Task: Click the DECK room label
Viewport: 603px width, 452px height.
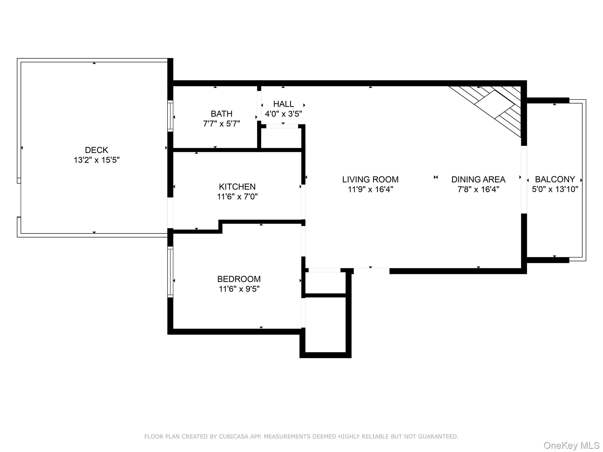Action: pos(96,150)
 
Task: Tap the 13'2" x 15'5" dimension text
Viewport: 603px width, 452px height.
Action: pos(96,160)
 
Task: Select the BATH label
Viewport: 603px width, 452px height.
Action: pos(221,114)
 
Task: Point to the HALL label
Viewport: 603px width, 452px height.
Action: pos(283,104)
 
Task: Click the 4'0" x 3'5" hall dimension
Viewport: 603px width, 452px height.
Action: pos(283,114)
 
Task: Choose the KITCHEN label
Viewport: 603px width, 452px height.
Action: pos(237,187)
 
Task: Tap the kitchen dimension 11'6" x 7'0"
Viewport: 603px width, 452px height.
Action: pos(237,197)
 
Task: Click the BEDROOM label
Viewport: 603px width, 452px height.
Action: pos(239,279)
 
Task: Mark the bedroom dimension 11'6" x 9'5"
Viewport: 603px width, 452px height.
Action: pos(239,289)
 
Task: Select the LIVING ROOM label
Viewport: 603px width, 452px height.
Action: pos(370,179)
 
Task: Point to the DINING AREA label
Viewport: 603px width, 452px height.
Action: pos(478,179)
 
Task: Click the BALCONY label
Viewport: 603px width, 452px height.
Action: pos(555,179)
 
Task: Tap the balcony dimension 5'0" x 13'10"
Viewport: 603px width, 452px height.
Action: pos(555,189)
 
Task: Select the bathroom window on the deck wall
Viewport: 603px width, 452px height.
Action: pos(170,116)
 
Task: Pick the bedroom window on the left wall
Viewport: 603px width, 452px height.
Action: pos(170,272)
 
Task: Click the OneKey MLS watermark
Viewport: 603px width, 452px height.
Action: pos(571,446)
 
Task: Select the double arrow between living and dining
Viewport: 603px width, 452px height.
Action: pos(436,177)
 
